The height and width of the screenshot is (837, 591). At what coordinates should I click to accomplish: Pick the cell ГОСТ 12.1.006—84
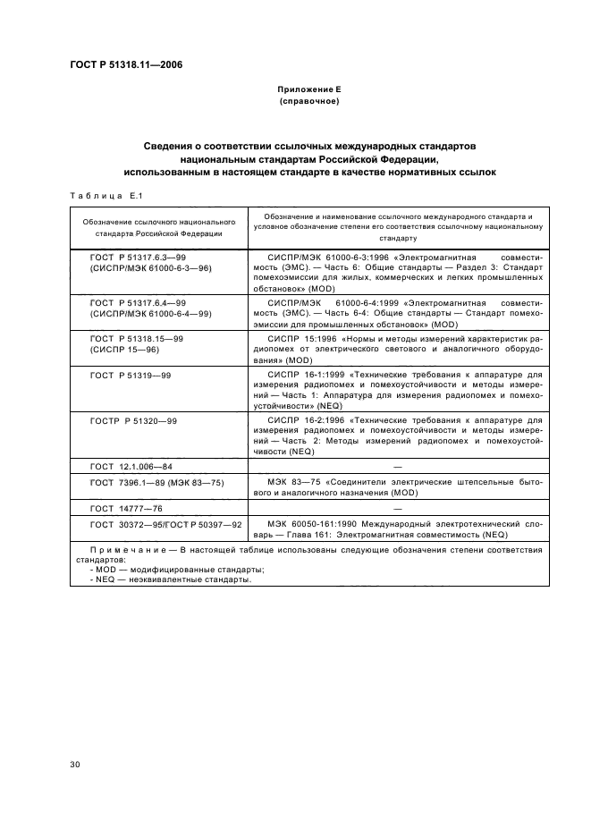[132, 467]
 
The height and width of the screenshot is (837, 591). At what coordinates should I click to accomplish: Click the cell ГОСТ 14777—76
[125, 507]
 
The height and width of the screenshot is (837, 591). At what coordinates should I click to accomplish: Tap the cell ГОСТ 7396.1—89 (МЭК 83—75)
[156, 482]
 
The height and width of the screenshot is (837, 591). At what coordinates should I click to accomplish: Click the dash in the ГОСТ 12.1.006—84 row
[397, 467]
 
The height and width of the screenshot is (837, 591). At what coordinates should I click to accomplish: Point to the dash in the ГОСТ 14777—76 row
[397, 507]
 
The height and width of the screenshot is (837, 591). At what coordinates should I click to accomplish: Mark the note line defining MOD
[177, 570]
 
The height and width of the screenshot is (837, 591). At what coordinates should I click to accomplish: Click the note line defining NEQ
[172, 579]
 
